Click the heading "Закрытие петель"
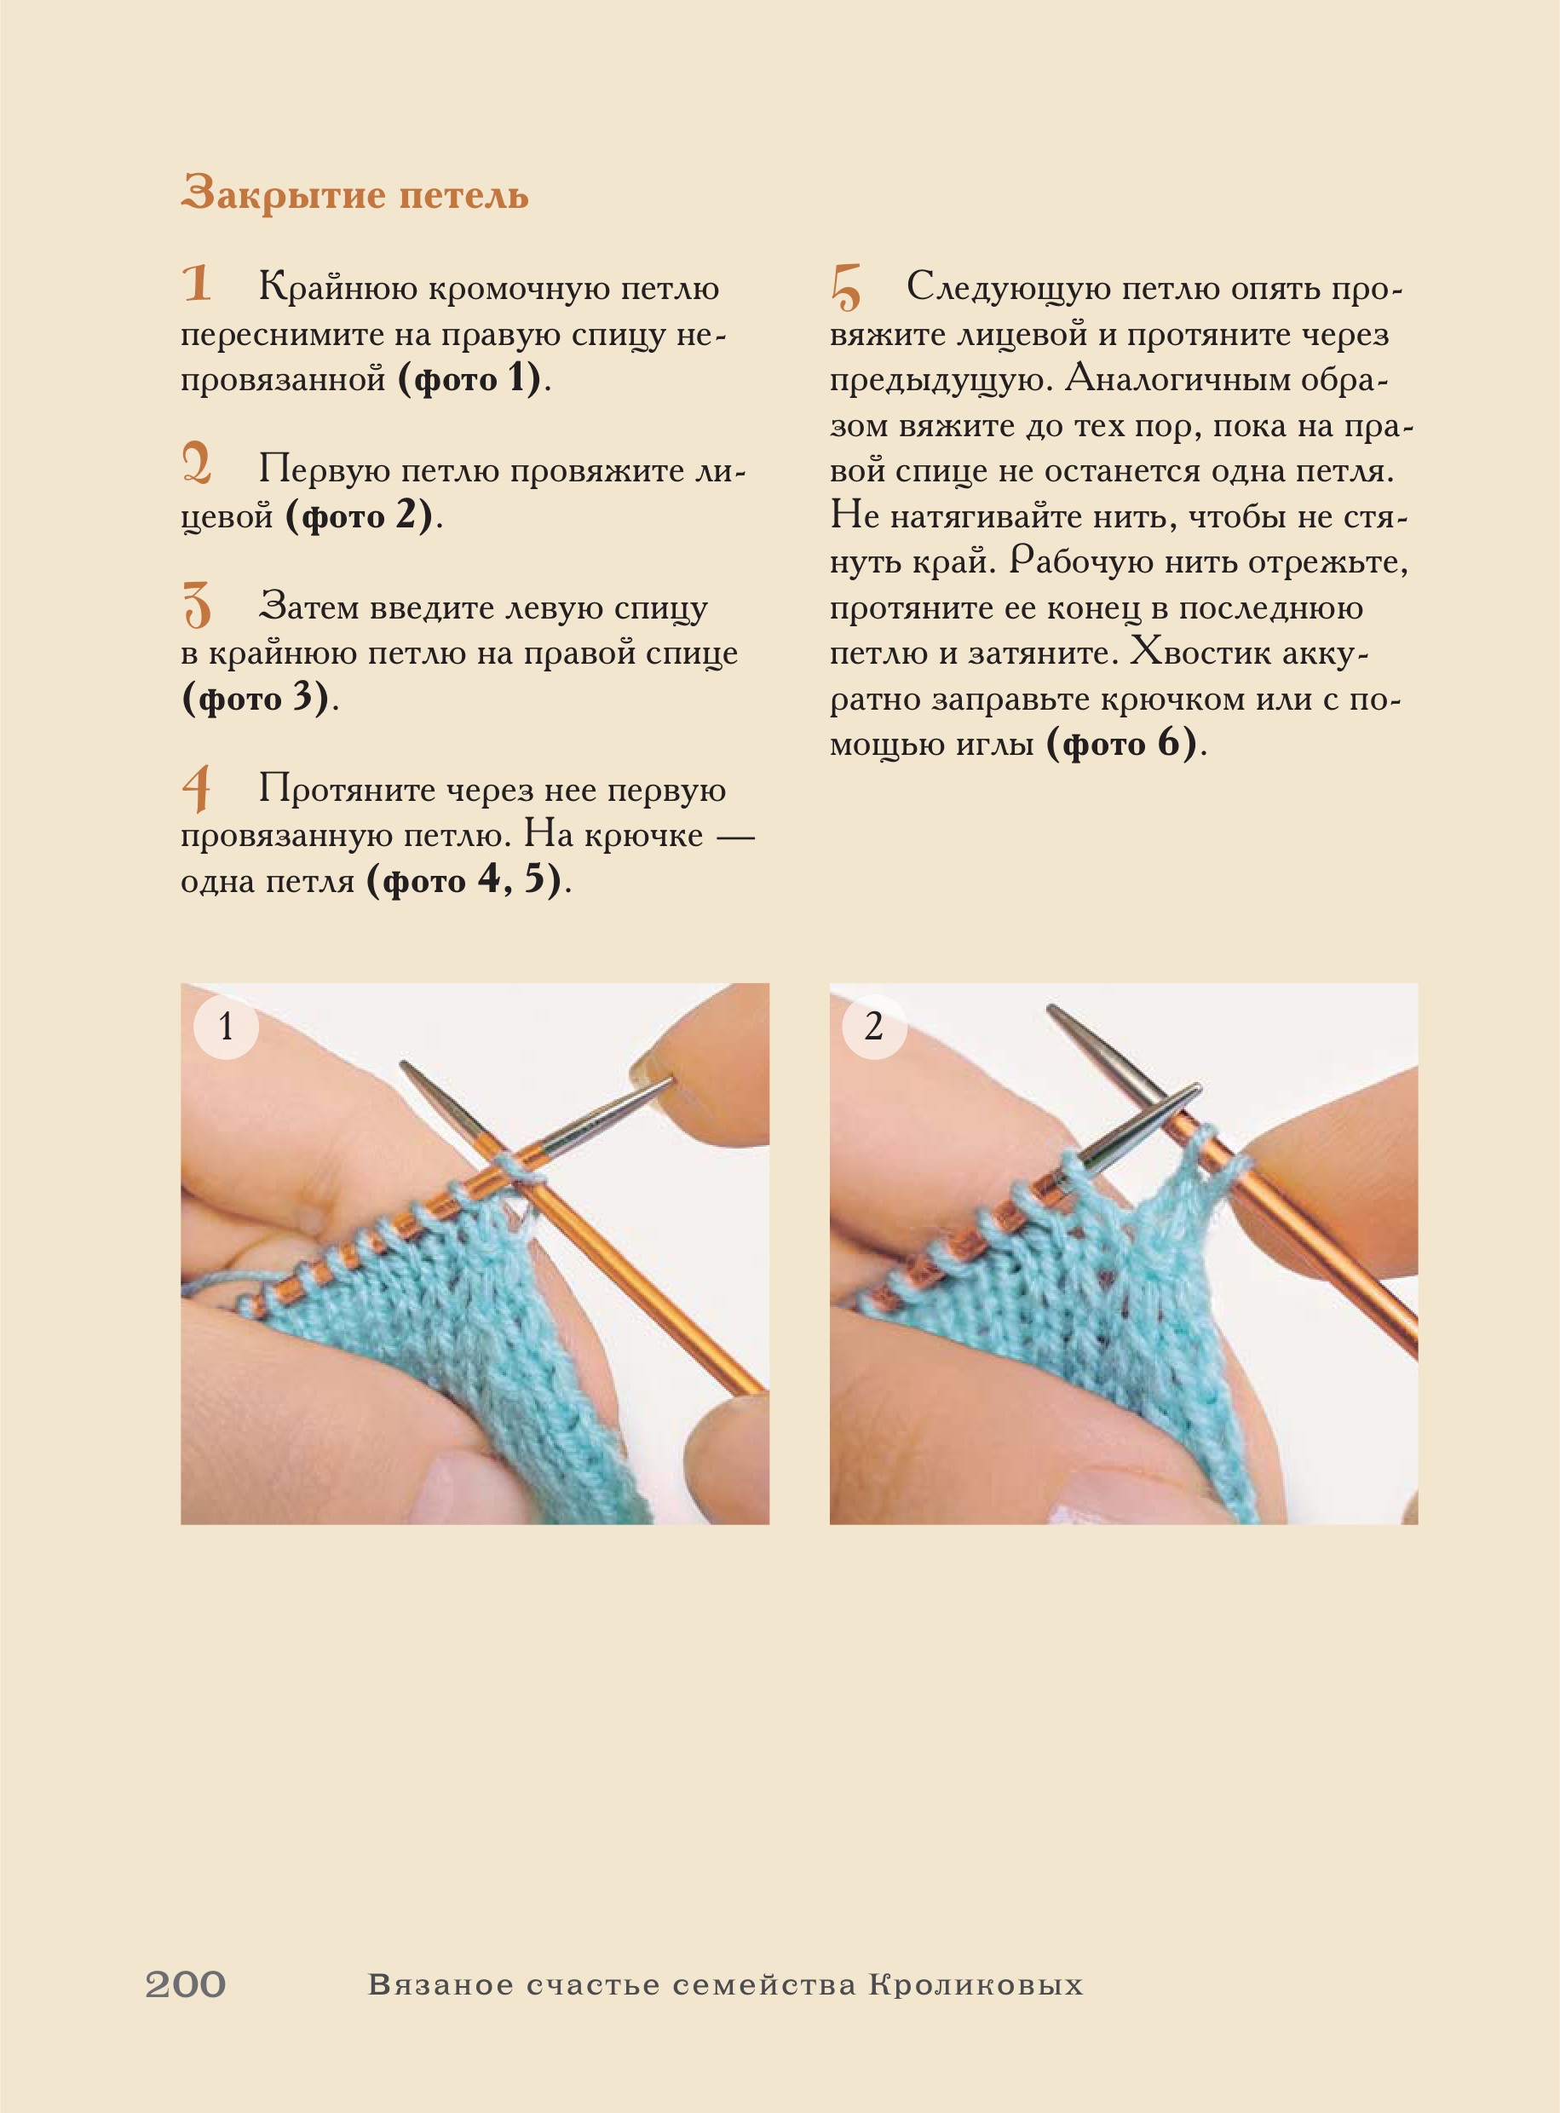(x=354, y=194)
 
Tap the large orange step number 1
(x=197, y=283)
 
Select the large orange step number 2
(x=197, y=464)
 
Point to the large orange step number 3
(x=197, y=604)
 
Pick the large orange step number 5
(x=845, y=287)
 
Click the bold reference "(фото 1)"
(x=470, y=379)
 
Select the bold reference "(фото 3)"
(x=255, y=699)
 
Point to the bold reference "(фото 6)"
(x=1122, y=744)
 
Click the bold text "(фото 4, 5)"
(x=464, y=881)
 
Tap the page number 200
(x=185, y=1984)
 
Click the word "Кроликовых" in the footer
(x=976, y=1984)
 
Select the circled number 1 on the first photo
(x=226, y=1027)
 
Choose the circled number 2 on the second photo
(x=873, y=1027)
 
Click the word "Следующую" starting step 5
(x=1008, y=288)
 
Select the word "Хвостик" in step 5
(x=1196, y=653)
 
